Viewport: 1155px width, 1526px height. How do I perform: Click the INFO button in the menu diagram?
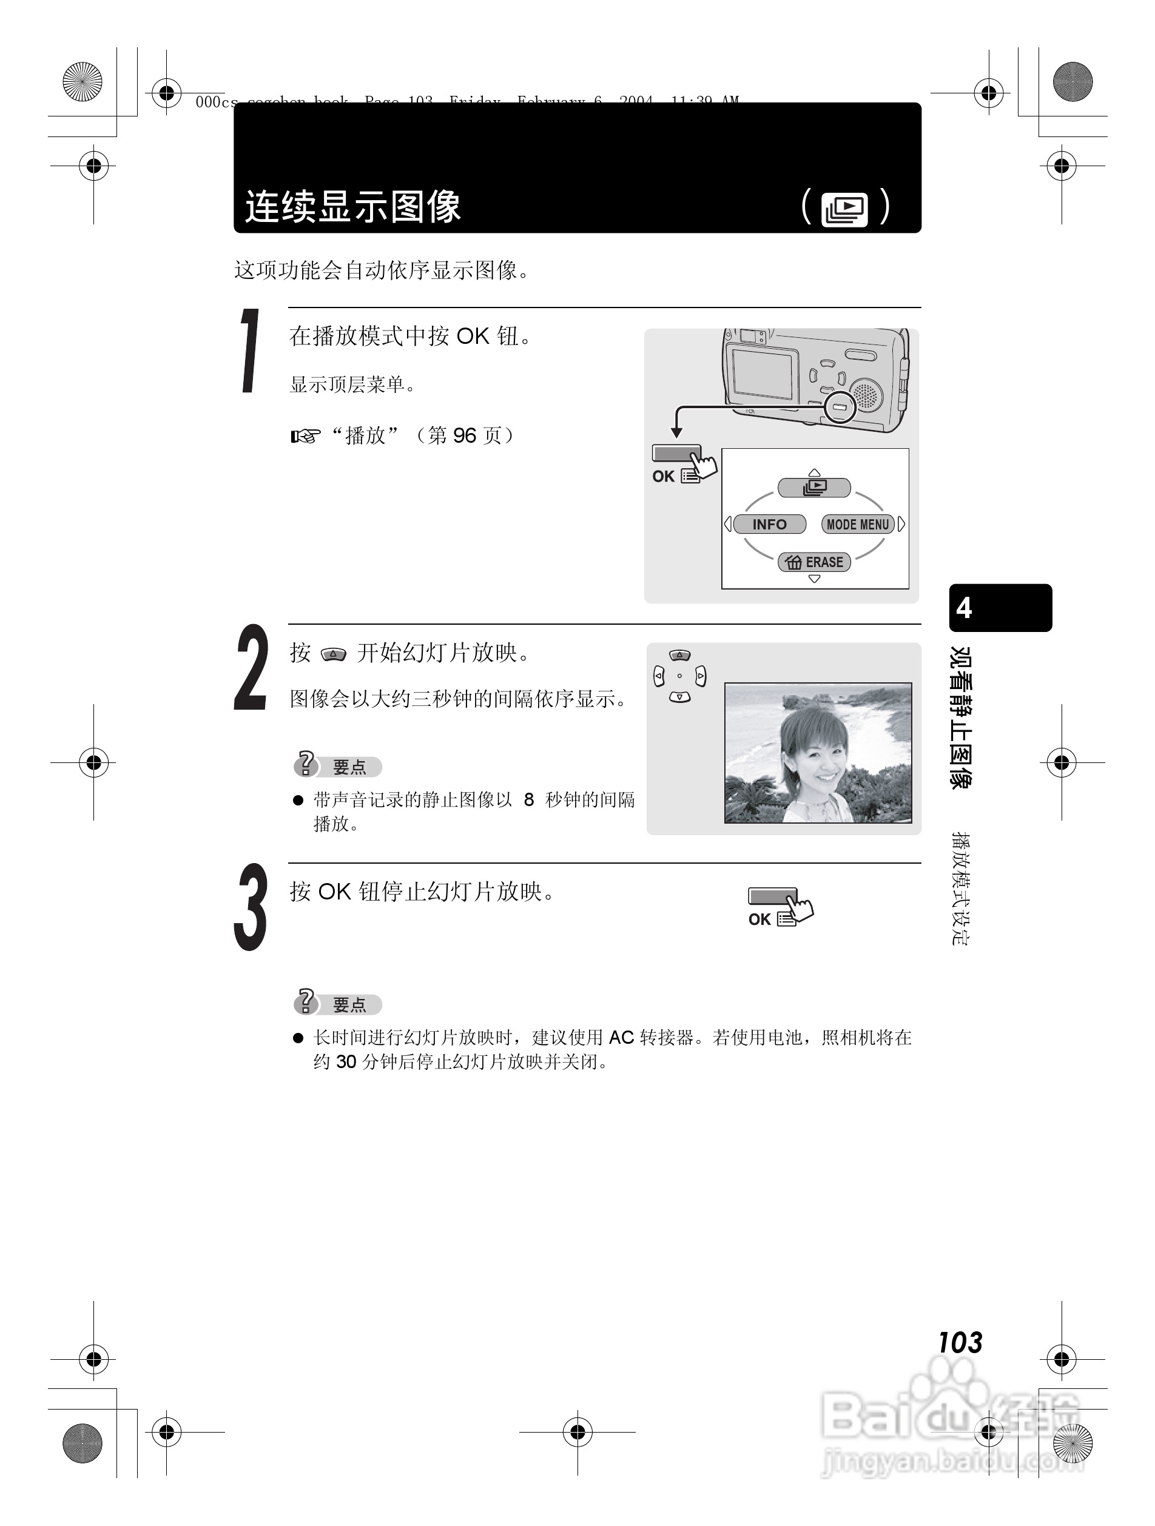pyautogui.click(x=769, y=524)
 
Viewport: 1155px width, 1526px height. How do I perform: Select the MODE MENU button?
pyautogui.click(x=858, y=524)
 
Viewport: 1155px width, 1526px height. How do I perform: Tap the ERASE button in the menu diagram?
pyautogui.click(x=815, y=562)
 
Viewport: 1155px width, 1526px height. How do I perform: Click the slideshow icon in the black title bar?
pyautogui.click(x=844, y=209)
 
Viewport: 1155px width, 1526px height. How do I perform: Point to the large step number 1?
pyautogui.click(x=251, y=352)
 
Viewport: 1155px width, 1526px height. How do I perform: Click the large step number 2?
pyautogui.click(x=251, y=668)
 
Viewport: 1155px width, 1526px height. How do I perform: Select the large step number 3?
pyautogui.click(x=250, y=907)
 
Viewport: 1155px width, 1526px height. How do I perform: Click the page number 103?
pyautogui.click(x=960, y=1342)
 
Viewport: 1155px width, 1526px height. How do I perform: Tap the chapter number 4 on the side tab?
pyautogui.click(x=964, y=608)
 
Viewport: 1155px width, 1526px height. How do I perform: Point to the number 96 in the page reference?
pyautogui.click(x=464, y=436)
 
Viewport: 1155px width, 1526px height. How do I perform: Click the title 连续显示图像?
pyautogui.click(x=352, y=206)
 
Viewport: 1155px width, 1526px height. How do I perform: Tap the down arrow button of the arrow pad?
pyautogui.click(x=679, y=697)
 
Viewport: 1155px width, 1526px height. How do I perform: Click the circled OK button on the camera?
pyautogui.click(x=840, y=407)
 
